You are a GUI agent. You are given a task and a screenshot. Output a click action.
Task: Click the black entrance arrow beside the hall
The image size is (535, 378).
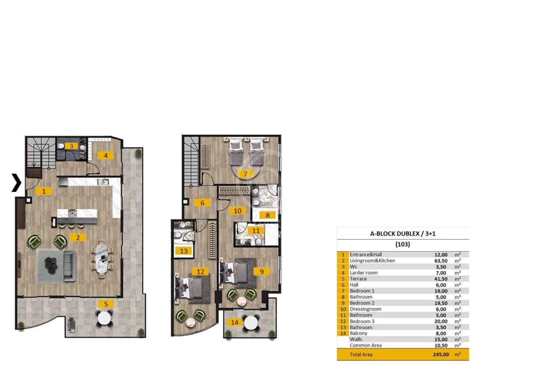pyautogui.click(x=17, y=183)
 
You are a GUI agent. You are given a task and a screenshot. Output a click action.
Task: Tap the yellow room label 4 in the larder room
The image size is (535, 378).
pyautogui.click(x=105, y=156)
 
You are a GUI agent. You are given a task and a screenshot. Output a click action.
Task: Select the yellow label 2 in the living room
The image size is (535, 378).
pyautogui.click(x=78, y=238)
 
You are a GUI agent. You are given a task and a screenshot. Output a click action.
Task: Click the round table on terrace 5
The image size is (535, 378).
pyautogui.click(x=104, y=318)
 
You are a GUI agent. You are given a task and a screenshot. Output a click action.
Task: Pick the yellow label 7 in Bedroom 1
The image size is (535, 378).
pyautogui.click(x=246, y=174)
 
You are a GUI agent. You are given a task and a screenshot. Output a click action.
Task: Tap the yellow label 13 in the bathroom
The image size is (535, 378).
pyautogui.click(x=183, y=251)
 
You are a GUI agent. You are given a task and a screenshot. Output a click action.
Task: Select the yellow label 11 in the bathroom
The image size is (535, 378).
pyautogui.click(x=256, y=231)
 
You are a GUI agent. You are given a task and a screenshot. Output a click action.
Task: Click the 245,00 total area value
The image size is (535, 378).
pyautogui.click(x=441, y=355)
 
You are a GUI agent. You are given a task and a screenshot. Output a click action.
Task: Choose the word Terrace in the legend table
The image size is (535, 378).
pyautogui.click(x=358, y=279)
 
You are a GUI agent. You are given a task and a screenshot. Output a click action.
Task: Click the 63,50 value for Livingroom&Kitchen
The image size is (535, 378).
pyautogui.click(x=441, y=261)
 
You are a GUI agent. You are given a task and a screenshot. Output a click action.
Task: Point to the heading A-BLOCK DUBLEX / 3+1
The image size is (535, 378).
pyautogui.click(x=403, y=233)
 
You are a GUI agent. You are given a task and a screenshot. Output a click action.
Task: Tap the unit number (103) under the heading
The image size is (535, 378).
pyautogui.click(x=403, y=244)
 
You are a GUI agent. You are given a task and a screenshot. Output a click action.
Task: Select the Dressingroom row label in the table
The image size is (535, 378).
pyautogui.click(x=365, y=309)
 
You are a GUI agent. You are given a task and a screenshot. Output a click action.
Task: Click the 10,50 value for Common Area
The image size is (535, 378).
pyautogui.click(x=441, y=346)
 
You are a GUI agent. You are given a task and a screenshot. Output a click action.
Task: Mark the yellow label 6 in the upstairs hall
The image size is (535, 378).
pyautogui.click(x=202, y=203)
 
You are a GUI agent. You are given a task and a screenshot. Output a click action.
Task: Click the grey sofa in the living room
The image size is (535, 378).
pyautogui.click(x=69, y=266)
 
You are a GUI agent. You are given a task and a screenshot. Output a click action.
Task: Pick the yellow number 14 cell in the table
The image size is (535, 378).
pyautogui.click(x=343, y=333)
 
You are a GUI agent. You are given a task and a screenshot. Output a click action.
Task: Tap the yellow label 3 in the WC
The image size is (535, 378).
pyautogui.click(x=71, y=146)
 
